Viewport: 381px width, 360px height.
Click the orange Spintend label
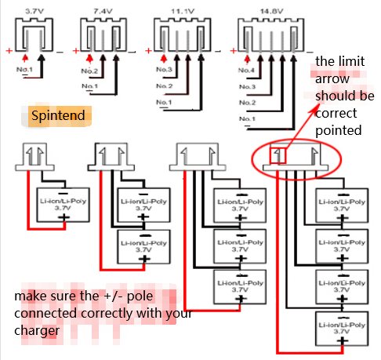tap(59, 116)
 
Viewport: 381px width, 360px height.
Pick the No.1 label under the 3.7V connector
tap(25, 69)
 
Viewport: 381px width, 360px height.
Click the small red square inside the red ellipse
tap(278, 155)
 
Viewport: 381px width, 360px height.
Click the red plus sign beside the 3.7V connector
tap(9, 51)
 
